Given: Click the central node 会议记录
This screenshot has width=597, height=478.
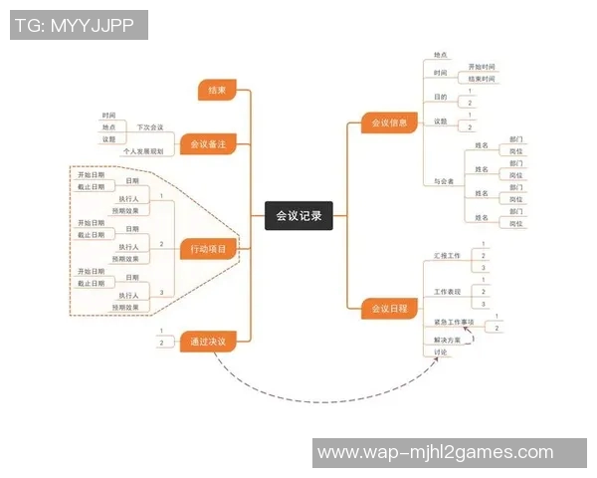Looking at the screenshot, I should [298, 215].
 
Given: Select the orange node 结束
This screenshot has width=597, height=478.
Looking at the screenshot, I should [217, 91].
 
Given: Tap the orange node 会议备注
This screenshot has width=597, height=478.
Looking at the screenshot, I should [208, 145].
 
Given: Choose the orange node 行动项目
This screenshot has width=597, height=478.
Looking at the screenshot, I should [208, 248].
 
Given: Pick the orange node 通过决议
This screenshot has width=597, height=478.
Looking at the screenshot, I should [208, 342].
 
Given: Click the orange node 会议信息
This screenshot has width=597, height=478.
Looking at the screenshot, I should [389, 123].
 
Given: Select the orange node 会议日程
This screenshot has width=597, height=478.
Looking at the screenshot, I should [389, 309].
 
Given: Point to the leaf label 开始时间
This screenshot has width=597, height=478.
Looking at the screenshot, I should [482, 66].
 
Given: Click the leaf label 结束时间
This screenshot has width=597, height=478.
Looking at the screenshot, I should [482, 79].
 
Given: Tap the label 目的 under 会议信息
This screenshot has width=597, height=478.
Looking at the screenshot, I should [441, 98].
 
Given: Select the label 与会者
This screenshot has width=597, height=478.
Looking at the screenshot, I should [444, 181].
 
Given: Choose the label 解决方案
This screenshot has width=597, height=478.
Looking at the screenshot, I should [448, 340].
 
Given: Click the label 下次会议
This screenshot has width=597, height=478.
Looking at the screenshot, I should [150, 127].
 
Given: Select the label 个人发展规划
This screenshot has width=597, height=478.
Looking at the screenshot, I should [142, 151].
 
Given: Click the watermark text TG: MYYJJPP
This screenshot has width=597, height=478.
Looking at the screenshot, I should [79, 25].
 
